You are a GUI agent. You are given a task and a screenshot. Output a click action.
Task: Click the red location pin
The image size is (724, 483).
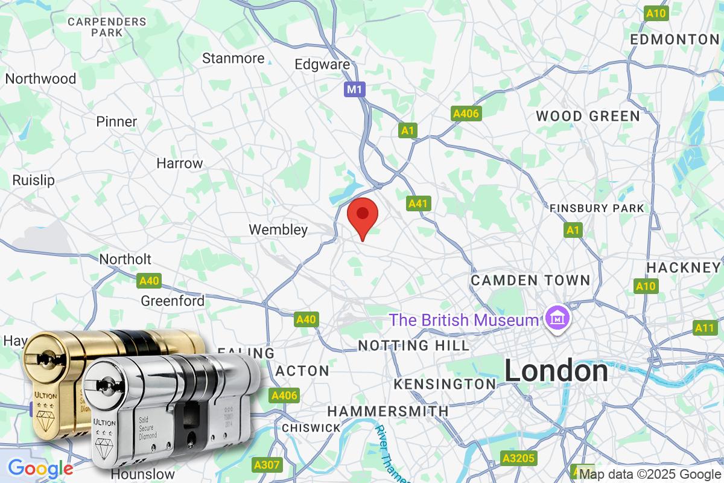[x=363, y=216]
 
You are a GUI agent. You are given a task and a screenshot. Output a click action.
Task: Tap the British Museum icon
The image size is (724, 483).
[x=554, y=318]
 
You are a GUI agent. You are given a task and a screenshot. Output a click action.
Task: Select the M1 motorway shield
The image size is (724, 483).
[x=355, y=90]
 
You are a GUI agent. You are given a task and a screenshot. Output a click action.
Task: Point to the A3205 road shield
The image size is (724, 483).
[x=519, y=458]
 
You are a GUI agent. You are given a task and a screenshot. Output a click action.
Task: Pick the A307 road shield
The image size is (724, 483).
[x=267, y=465]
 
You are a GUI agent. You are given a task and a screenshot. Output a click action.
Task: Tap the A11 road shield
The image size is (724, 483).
[x=704, y=328]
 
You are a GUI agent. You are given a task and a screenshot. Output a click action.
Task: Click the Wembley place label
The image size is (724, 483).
[x=278, y=229]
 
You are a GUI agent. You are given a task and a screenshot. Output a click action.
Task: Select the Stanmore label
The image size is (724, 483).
[x=233, y=59]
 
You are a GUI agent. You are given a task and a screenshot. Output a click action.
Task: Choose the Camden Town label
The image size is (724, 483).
[x=530, y=280]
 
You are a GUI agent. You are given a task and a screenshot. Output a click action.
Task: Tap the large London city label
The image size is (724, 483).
[x=556, y=371]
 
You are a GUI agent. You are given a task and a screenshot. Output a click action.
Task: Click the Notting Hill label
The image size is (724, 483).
[x=413, y=345]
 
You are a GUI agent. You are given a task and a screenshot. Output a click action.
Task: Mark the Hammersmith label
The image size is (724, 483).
[x=388, y=411]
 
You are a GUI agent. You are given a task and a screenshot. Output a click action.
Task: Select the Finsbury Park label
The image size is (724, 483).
[x=597, y=208]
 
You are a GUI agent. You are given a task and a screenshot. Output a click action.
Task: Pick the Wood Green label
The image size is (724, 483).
[x=588, y=116]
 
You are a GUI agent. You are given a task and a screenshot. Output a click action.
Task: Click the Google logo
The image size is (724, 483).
[x=40, y=469]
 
